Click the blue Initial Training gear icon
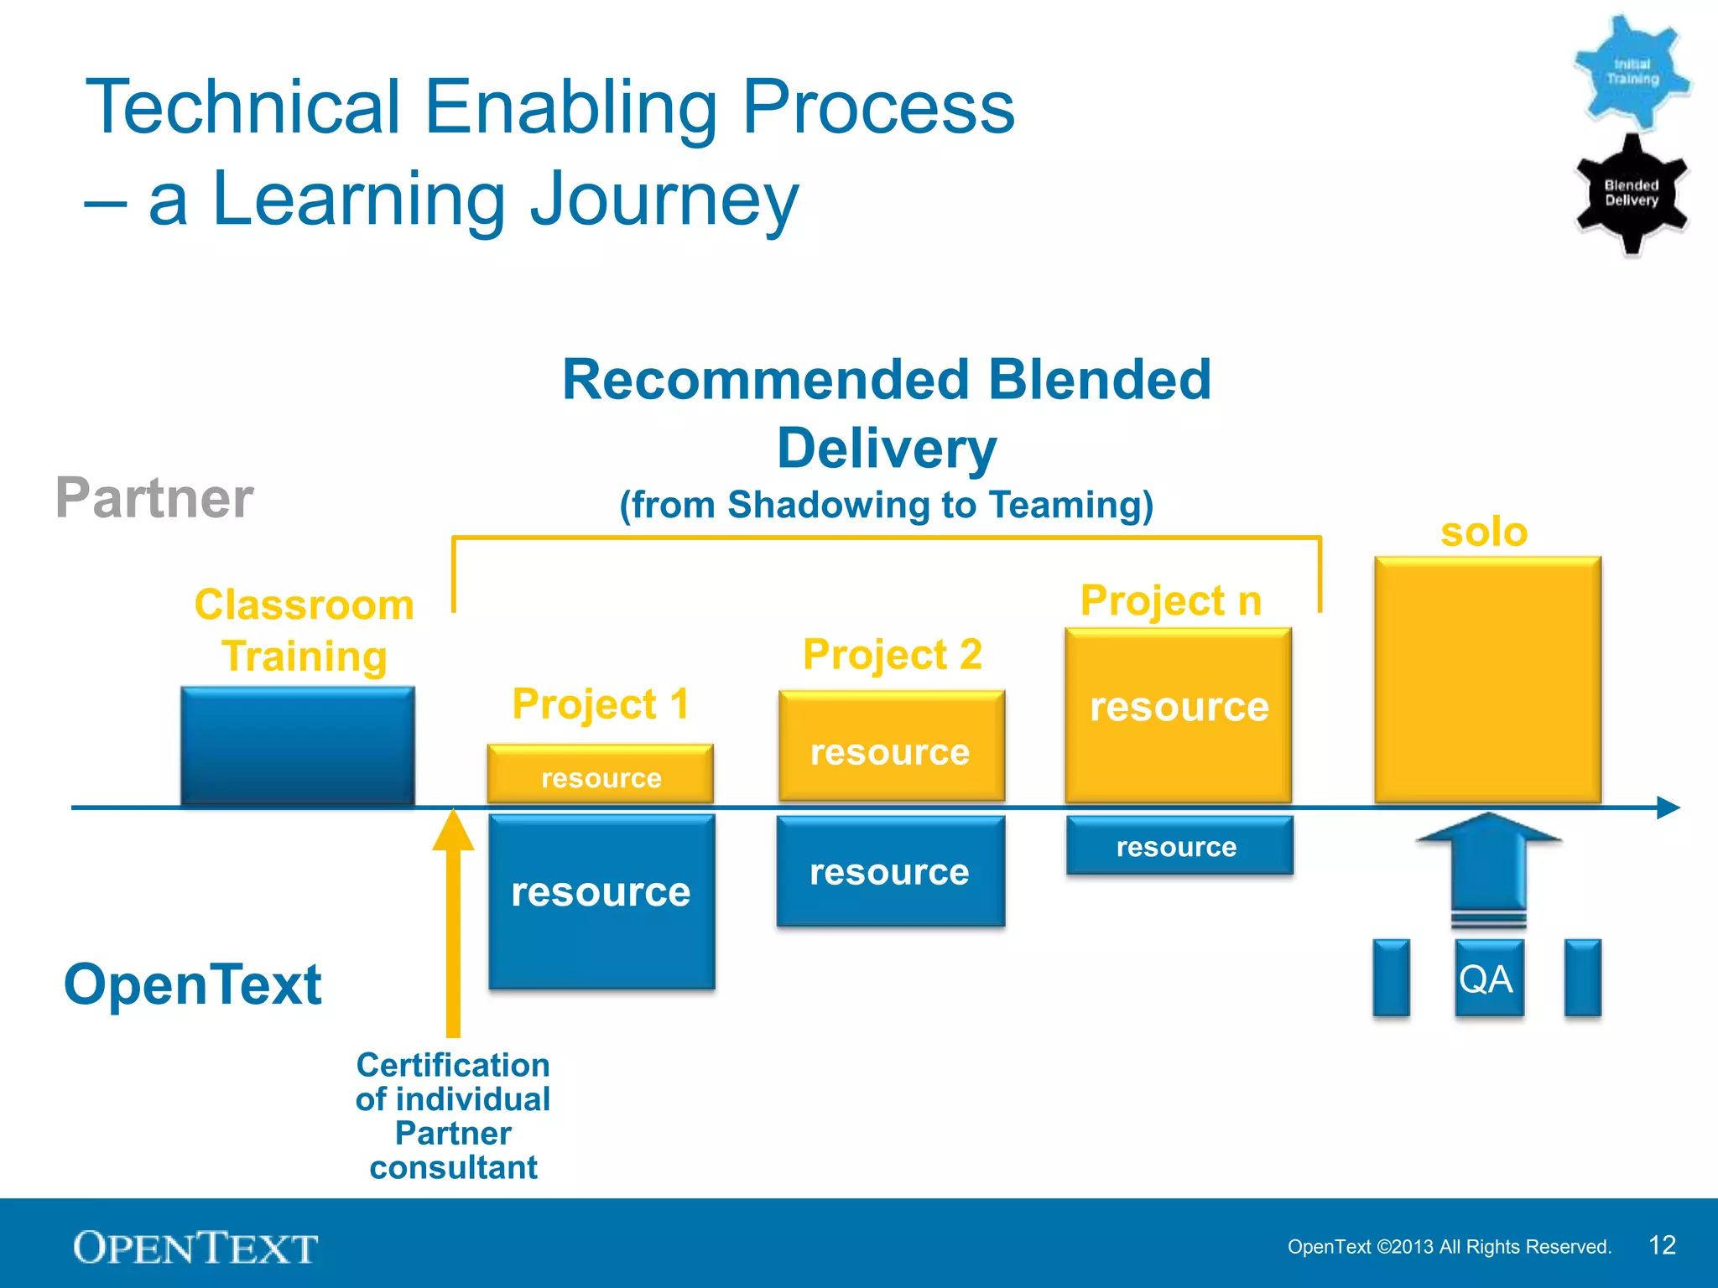(x=1632, y=72)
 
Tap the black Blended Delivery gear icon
(x=1632, y=193)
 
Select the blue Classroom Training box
(x=298, y=745)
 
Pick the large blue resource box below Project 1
(x=601, y=901)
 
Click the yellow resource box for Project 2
(x=891, y=746)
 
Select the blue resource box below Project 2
(x=890, y=871)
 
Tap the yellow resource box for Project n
(x=1178, y=715)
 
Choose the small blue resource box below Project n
(x=1179, y=845)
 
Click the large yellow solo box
(x=1487, y=679)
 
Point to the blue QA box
(x=1488, y=978)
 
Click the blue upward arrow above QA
(x=1488, y=864)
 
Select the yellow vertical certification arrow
(x=453, y=922)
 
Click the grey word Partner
(x=154, y=498)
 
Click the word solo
(x=1484, y=532)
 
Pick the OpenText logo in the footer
(x=195, y=1248)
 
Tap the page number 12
(x=1662, y=1245)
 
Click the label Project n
(x=1171, y=600)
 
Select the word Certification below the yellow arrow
(x=453, y=1065)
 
